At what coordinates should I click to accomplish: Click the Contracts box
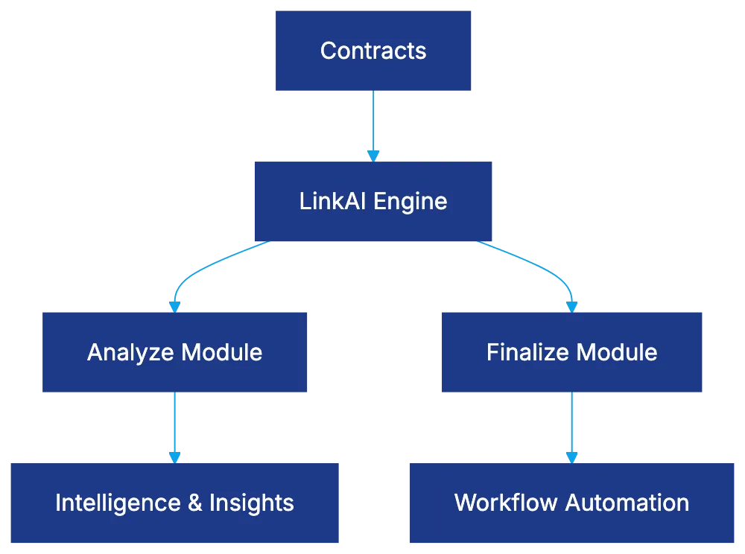[x=374, y=51]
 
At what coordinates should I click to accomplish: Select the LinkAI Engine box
[x=373, y=201]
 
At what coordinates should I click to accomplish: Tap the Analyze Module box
[x=175, y=351]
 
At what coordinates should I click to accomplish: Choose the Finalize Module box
[x=571, y=351]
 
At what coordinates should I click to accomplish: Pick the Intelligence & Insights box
[x=174, y=503]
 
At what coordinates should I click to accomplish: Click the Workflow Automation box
[x=571, y=503]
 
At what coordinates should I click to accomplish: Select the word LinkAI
[x=334, y=201]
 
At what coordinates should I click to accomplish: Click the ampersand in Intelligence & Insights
[x=195, y=503]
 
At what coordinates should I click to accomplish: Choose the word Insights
[x=251, y=503]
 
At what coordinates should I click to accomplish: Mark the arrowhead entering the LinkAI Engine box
[x=373, y=156]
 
